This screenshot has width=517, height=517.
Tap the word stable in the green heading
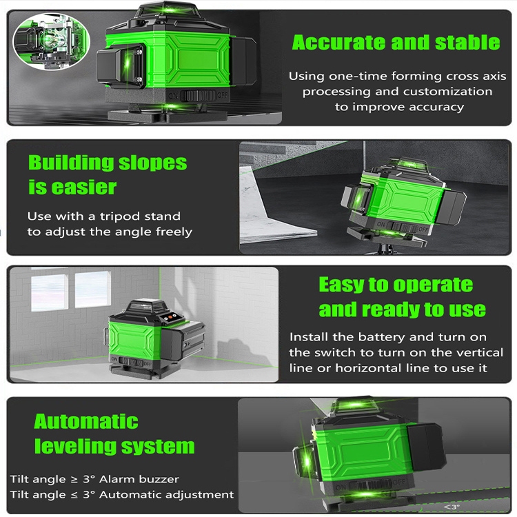tap(467, 43)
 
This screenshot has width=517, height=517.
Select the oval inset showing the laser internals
tap(51, 41)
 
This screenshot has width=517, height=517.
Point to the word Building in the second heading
tap(70, 163)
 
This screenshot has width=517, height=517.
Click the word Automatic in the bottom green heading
tap(86, 421)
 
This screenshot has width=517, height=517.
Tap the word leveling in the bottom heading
tap(76, 447)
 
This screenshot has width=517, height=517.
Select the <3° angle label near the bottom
tap(452, 507)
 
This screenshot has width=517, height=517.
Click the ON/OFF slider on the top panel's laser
tap(198, 96)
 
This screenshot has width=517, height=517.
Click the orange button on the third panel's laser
tap(170, 317)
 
